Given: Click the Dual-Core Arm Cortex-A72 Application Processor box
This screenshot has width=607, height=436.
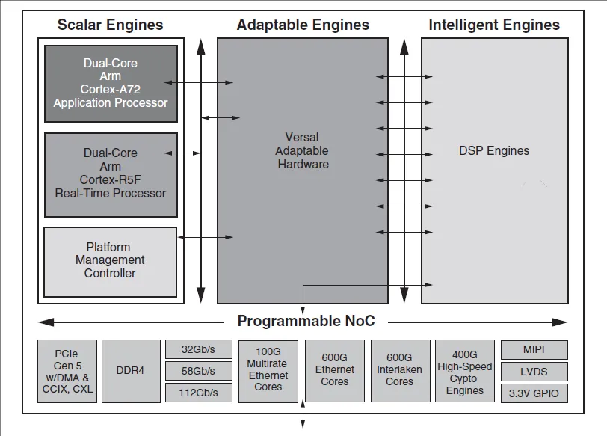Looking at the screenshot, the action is coord(111,84).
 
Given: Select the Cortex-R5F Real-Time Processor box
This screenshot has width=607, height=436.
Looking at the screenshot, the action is coord(111,175).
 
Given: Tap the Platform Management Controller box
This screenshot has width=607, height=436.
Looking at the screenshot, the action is coord(110,262).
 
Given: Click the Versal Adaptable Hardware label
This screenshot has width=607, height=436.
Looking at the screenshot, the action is coord(302,150).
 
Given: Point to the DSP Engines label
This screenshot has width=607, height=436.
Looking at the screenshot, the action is coord(494,150).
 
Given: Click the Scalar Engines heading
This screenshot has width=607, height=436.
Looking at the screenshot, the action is coord(111,25).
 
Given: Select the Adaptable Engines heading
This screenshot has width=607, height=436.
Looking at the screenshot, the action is coord(303,25).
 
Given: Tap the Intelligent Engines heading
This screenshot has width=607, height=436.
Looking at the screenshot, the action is coord(494,25).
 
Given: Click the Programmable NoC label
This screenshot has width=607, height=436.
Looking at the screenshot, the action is coord(306,321).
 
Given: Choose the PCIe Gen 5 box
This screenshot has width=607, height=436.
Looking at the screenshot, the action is coord(67,372).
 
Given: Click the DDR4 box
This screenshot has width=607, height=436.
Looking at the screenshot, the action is coord(131,372).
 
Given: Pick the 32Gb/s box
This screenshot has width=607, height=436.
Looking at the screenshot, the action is coord(199,349).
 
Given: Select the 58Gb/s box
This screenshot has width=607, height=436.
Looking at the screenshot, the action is coord(199,371).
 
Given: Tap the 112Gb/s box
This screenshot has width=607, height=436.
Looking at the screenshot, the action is coord(199,393).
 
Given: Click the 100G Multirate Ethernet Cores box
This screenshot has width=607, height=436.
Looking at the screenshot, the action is coord(268,372).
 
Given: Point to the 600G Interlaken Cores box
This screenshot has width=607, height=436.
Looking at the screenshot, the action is coord(400,371).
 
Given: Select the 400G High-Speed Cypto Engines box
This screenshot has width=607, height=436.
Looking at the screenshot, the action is coord(464,371).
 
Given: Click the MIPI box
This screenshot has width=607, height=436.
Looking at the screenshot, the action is coord(534,350).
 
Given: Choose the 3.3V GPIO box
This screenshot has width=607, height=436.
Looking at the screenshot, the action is coord(534,393).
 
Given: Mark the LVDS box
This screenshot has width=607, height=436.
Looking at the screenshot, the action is coord(534,372).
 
